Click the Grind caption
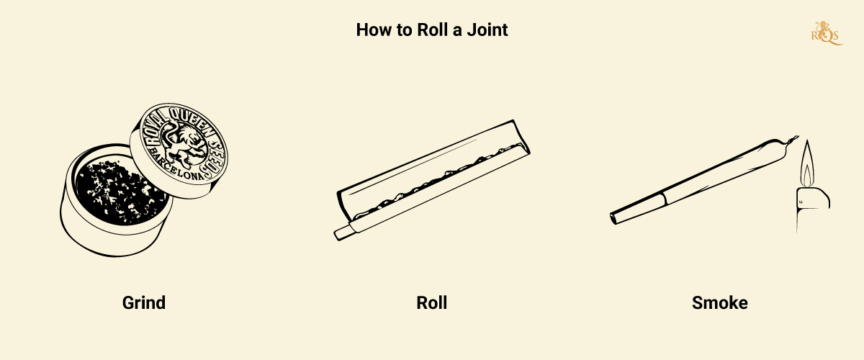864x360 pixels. click(x=143, y=302)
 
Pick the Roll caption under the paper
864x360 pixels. click(x=432, y=302)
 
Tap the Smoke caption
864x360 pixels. click(x=720, y=302)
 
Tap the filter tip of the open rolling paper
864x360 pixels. click(x=343, y=232)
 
